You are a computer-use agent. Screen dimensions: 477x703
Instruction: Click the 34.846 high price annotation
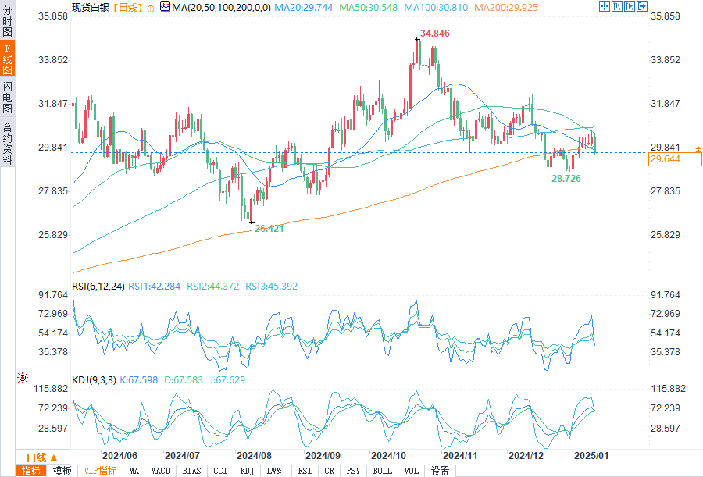[436, 34]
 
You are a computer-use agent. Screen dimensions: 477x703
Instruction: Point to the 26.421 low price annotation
[269, 228]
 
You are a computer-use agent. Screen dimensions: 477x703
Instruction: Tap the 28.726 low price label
[566, 179]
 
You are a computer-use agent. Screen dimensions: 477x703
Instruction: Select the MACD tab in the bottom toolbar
[160, 471]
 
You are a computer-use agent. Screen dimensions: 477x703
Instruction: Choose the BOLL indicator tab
[382, 471]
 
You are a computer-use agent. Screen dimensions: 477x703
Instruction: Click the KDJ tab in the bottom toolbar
[247, 471]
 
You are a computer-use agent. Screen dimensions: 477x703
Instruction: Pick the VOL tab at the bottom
[412, 471]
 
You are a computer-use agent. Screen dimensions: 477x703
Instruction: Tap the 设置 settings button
[441, 471]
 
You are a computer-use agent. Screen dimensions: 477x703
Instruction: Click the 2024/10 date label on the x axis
[387, 455]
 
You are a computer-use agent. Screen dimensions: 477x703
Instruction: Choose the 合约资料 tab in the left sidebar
[7, 144]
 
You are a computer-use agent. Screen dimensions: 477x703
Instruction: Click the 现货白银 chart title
[90, 7]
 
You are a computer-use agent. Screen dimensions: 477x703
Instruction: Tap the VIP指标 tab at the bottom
[101, 471]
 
